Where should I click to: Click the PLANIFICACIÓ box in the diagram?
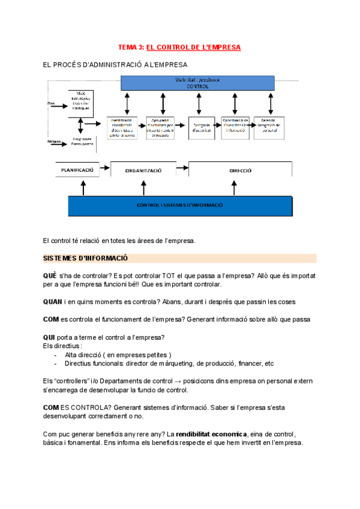(77, 170)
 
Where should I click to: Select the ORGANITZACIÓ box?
(143, 170)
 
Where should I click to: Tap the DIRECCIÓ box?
(240, 170)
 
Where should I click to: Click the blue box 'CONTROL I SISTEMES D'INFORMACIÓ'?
(180, 205)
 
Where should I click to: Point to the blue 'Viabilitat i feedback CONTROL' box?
(198, 83)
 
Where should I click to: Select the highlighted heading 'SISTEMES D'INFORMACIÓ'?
(86, 258)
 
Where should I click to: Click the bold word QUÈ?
(50, 275)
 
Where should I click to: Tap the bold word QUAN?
(53, 301)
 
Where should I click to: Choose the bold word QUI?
(50, 336)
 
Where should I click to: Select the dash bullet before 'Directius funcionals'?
(55, 363)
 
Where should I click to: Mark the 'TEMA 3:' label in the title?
(131, 47)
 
